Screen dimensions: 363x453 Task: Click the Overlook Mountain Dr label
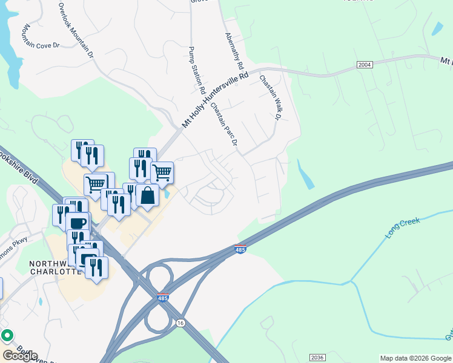point(76,30)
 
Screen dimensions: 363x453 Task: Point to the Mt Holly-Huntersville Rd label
point(216,100)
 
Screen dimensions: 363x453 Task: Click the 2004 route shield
point(365,64)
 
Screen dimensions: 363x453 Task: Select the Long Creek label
point(403,228)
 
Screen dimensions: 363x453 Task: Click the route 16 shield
point(180,324)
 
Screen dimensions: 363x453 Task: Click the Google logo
point(19,356)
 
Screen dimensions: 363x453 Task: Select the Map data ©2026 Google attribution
point(414,358)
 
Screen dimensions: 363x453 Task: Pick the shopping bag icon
point(147,195)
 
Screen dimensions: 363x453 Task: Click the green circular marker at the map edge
point(7,335)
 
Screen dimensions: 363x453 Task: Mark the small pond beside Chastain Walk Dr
point(305,174)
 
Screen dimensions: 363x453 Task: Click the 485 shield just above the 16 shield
point(162,298)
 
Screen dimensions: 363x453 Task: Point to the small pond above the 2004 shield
point(437,28)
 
